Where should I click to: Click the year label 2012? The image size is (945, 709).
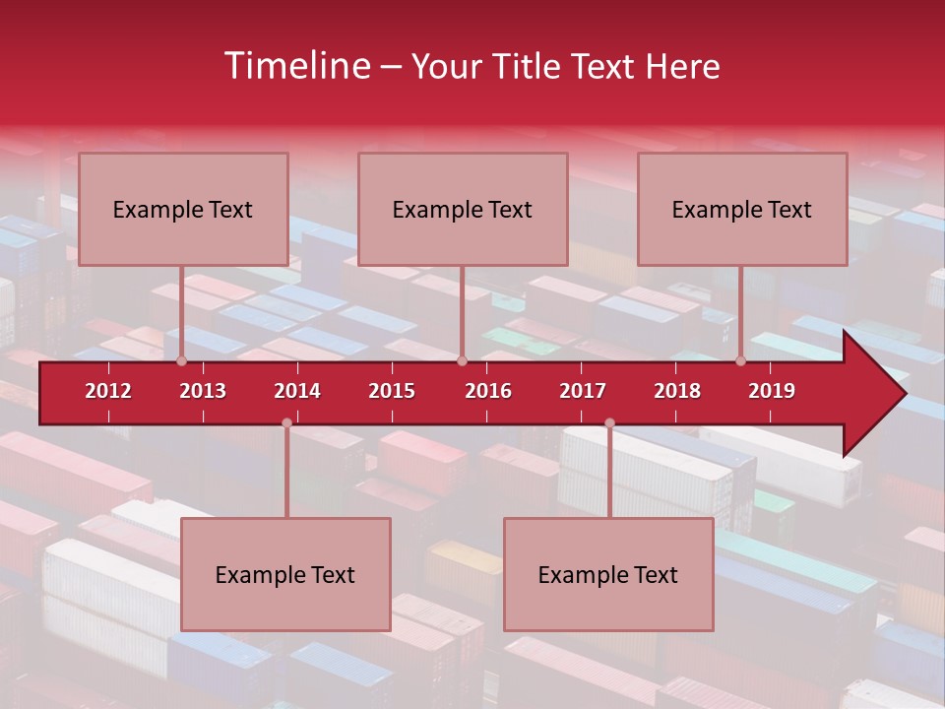108,391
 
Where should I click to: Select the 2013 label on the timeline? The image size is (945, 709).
203,391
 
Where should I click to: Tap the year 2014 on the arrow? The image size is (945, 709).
297,391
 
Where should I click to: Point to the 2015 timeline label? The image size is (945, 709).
392,391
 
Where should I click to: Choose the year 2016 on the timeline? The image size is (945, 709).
488,391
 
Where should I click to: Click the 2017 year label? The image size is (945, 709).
583,391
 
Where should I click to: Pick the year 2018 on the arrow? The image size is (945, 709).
677,391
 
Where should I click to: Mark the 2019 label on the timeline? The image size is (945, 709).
772,391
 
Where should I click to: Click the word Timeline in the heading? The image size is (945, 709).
295,66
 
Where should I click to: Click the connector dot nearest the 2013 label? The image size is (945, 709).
181,361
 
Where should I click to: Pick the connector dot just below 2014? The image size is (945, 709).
286,423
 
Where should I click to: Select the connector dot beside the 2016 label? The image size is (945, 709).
462,361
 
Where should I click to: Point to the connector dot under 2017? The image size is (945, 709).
609,423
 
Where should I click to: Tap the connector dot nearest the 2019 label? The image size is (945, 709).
741,361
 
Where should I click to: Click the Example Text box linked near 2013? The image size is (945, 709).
183,209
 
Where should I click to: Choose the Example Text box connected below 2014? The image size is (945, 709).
285,574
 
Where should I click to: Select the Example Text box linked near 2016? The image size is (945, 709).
463,209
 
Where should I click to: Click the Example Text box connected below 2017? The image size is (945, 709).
608,574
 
